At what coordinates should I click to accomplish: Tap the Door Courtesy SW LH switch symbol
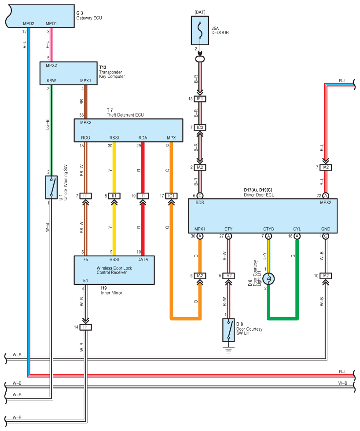point(229,330)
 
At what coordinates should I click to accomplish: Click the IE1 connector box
point(200,99)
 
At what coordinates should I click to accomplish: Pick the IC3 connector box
point(200,128)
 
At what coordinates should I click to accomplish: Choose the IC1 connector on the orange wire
point(172,196)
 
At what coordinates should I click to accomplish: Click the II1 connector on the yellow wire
point(114,196)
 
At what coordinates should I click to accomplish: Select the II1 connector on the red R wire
point(143,196)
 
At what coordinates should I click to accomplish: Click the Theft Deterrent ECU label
point(125,115)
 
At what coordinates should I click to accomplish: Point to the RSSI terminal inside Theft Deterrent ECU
point(114,138)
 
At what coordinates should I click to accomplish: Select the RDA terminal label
point(143,138)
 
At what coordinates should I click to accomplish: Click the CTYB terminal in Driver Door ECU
point(268,229)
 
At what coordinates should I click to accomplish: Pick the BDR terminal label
point(199,203)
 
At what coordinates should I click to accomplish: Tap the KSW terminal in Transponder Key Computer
point(51,81)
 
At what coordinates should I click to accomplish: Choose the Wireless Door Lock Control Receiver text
point(114,270)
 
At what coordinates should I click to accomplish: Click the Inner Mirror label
point(111,292)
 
